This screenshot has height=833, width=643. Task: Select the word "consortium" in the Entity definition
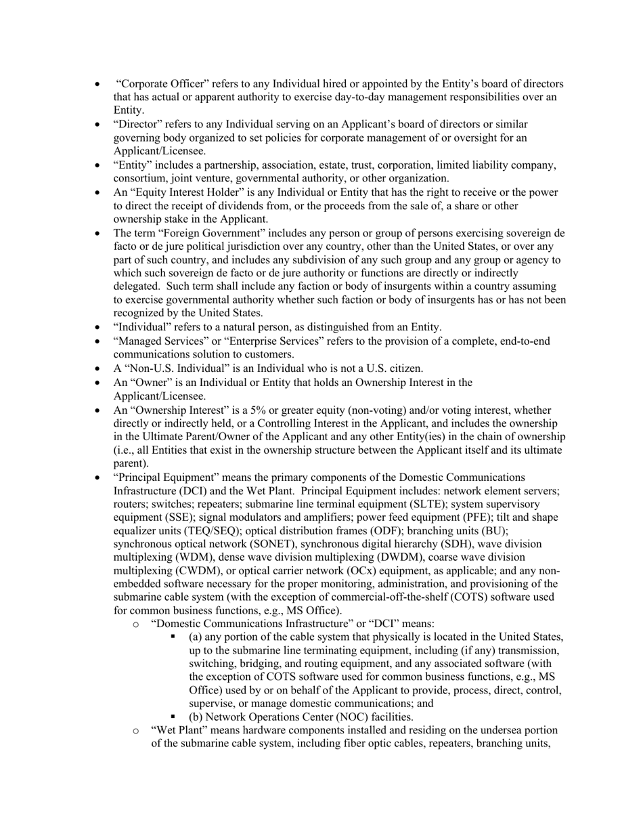click(139, 178)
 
